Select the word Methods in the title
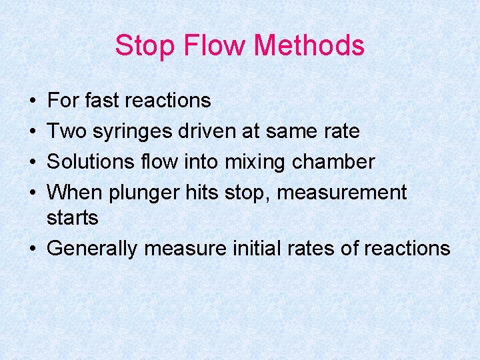tap(309, 46)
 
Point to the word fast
tap(102, 101)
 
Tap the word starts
tap(73, 218)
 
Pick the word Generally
tap(93, 249)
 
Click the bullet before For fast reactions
tap(33, 101)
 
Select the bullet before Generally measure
tap(33, 249)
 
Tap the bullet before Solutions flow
tap(33, 163)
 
